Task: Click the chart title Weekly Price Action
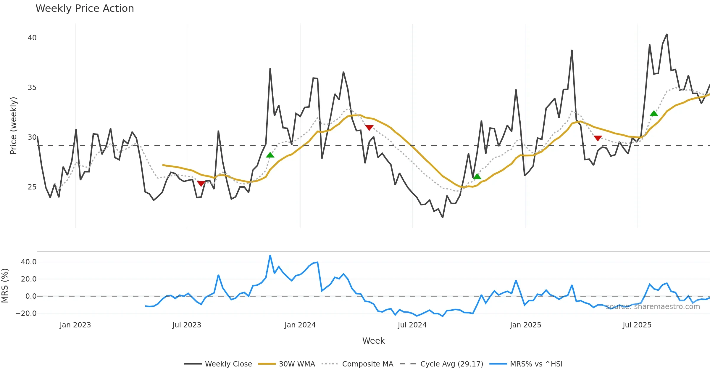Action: coord(85,9)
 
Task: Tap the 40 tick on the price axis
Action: coord(32,38)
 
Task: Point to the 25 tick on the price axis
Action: coord(32,187)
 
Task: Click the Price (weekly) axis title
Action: coord(14,126)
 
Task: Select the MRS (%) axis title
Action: coord(5,286)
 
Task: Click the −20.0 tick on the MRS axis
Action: coord(26,313)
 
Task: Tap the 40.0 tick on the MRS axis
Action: coord(29,262)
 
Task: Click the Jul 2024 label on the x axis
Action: coord(412,325)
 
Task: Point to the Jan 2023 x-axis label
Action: coord(75,325)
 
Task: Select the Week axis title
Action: coord(373,341)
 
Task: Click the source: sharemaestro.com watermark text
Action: coord(653,307)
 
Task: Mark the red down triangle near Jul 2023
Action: coord(201,184)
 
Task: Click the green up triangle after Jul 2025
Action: coord(654,113)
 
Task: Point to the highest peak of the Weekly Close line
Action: coord(667,34)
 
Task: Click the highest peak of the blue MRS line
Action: coord(270,255)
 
